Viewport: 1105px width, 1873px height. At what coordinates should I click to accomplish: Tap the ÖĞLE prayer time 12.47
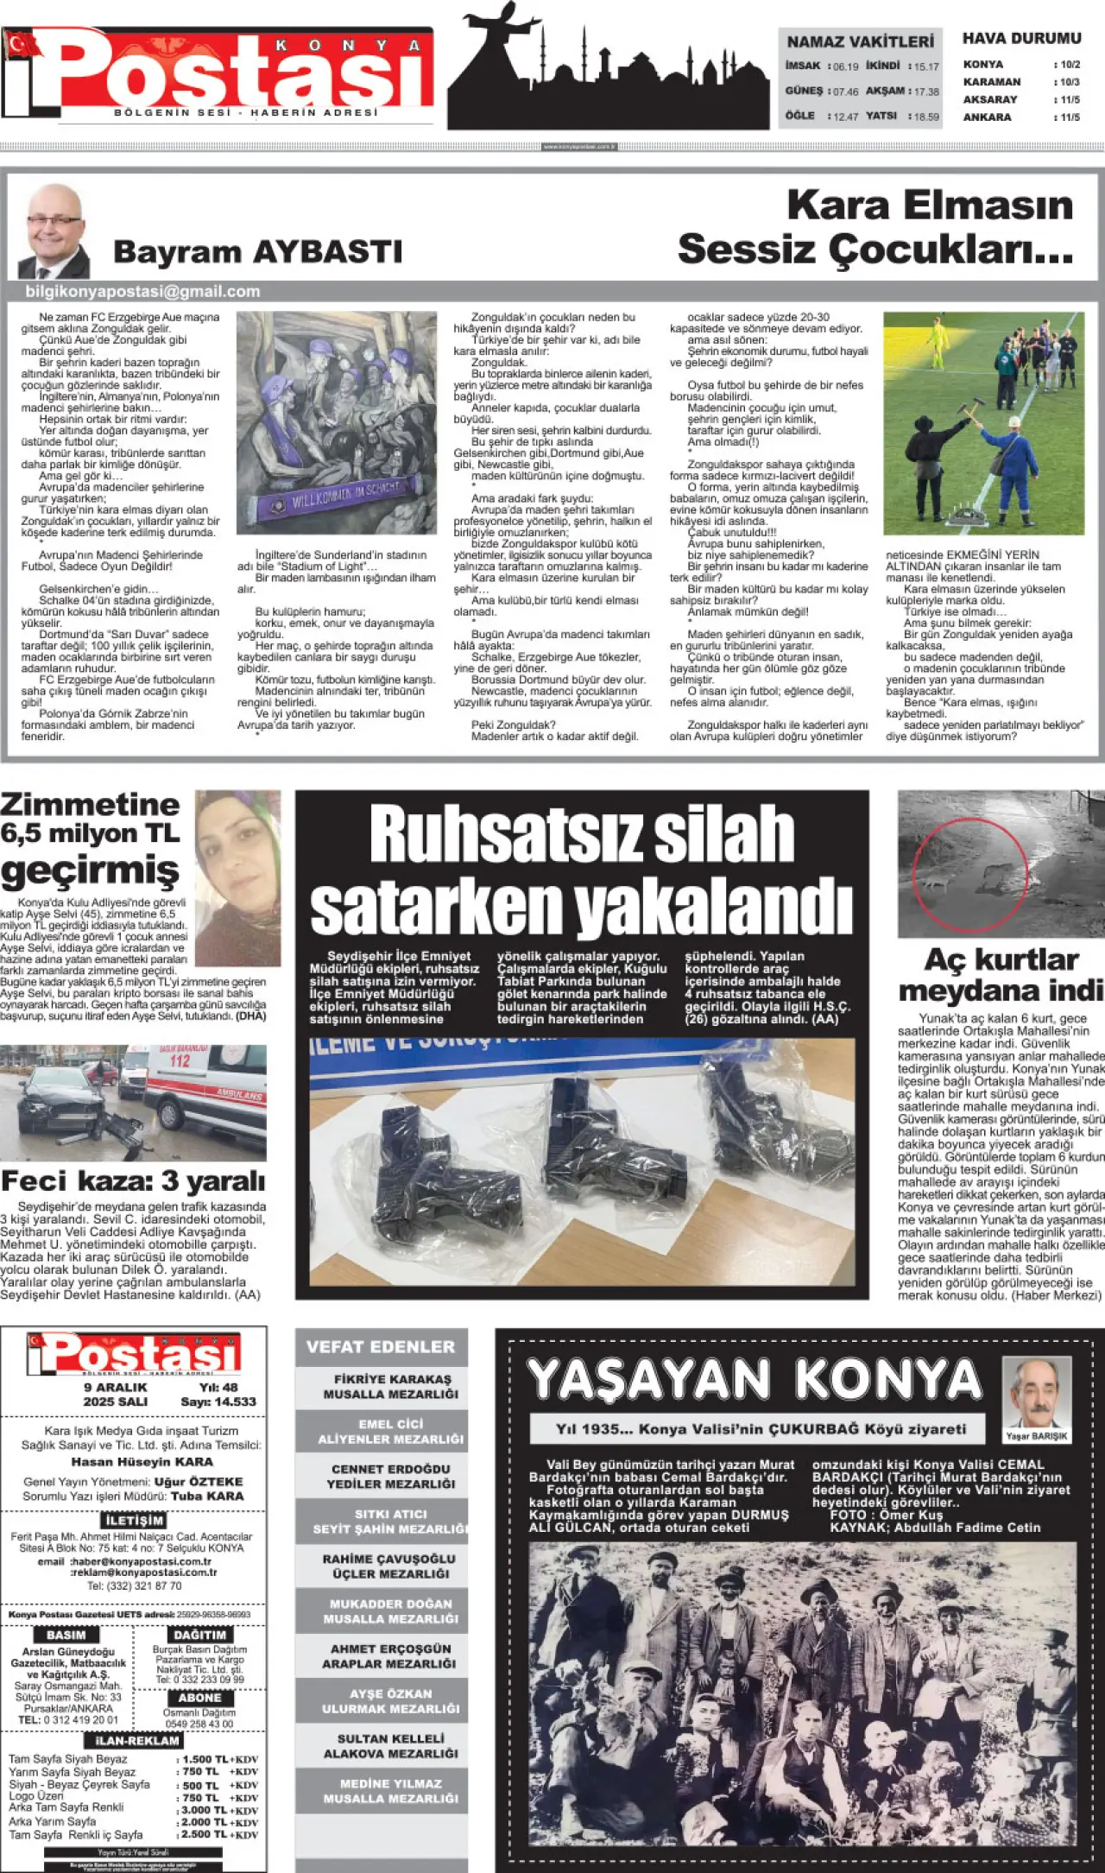tap(845, 117)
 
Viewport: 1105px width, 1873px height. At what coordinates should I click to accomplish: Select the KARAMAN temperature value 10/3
tap(1070, 82)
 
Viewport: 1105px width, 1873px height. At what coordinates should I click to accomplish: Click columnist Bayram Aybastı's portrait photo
tap(54, 231)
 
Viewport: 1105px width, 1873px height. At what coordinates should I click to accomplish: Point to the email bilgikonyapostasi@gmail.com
tap(142, 292)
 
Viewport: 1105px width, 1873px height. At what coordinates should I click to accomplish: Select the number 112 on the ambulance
tap(180, 1060)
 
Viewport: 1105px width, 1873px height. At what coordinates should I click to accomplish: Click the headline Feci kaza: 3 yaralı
tap(133, 1180)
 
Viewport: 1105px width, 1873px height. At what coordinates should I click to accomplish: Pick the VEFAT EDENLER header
tap(381, 1347)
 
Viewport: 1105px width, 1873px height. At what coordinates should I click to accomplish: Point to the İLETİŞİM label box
tap(134, 1520)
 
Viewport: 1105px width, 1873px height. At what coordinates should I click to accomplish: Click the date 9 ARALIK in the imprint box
tap(115, 1387)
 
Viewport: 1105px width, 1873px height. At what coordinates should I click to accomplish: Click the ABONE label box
tap(199, 1698)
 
